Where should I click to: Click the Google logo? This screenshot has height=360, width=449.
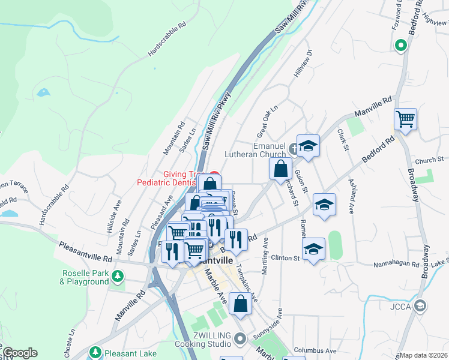[x=20, y=353]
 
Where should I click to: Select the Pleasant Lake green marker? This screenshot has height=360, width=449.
[x=94, y=353]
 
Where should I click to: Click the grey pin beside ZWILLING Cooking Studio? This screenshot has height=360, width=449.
[x=240, y=340]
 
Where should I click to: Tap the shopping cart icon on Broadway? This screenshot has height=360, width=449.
[x=406, y=119]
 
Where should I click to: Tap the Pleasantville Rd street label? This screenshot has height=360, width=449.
[x=85, y=251]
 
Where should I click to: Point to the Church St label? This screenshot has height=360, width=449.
[x=428, y=160]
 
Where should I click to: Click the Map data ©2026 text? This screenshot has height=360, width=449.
[x=423, y=355]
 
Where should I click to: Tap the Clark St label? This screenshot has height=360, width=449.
[x=343, y=140]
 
